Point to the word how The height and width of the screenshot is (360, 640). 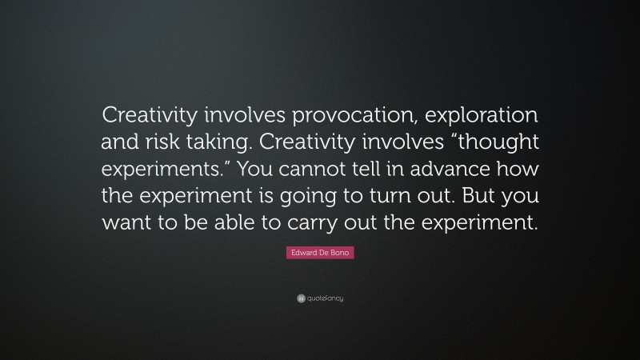point(520,170)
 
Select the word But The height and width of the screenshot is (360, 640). point(475,198)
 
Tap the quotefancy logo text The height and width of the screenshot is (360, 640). point(325,298)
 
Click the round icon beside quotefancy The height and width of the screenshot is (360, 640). point(301,298)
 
